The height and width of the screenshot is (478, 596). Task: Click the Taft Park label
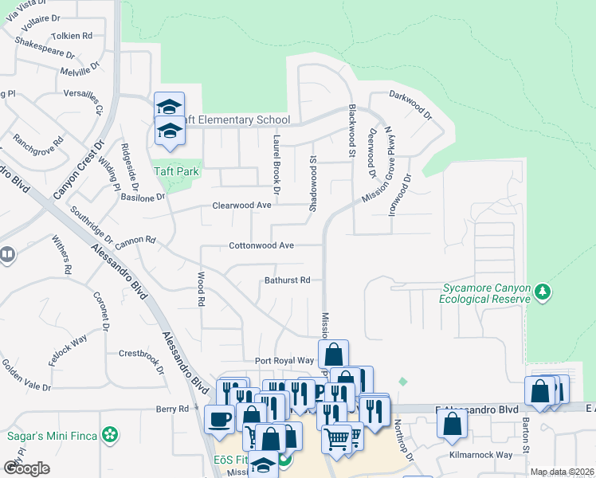pos(176,171)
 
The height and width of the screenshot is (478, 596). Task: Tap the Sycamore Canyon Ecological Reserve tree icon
pos(543,292)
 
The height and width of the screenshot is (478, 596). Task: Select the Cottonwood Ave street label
pos(262,246)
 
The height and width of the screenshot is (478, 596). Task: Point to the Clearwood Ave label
pos(242,206)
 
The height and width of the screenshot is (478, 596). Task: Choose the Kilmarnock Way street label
pos(480,455)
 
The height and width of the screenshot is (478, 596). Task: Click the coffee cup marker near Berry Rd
pos(219,417)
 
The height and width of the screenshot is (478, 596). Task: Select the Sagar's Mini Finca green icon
pos(111,436)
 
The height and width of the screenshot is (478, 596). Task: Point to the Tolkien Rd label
pos(71,36)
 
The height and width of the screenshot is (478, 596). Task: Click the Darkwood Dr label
pos(410,104)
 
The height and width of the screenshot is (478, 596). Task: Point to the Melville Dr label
pos(77,72)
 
